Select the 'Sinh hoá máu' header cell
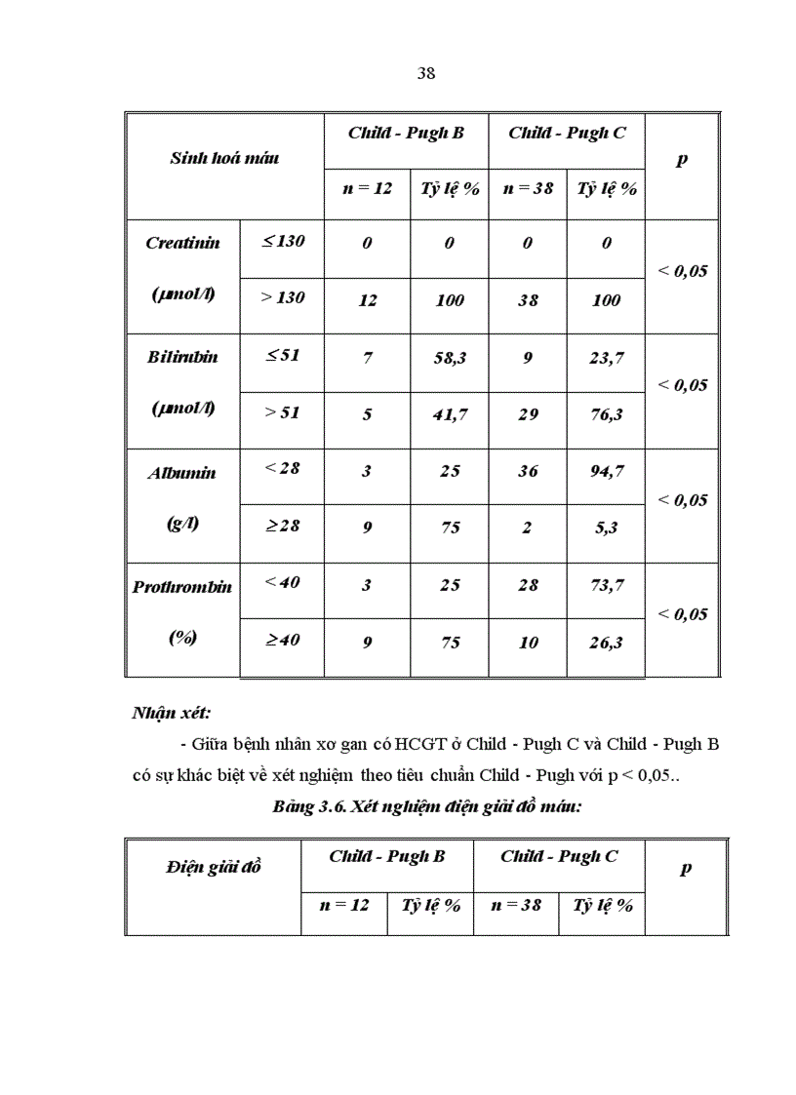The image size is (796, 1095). click(x=224, y=157)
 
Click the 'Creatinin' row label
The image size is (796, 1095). click(x=182, y=243)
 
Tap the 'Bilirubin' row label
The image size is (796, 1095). click(x=182, y=357)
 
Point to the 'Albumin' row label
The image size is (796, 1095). click(x=182, y=473)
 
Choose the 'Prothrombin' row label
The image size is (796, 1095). click(x=182, y=587)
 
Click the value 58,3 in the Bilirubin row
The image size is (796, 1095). click(x=450, y=358)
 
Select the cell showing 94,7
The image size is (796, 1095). click(x=606, y=472)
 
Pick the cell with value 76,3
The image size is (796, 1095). click(x=606, y=414)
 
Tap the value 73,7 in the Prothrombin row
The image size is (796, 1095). click(x=606, y=585)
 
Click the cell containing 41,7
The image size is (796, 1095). click(x=450, y=414)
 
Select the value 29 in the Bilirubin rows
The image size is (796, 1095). click(x=528, y=414)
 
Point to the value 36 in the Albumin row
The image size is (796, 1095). click(x=528, y=472)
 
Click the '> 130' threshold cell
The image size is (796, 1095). click(x=282, y=297)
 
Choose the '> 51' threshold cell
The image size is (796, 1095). click(x=282, y=412)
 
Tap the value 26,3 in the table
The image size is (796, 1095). click(x=606, y=643)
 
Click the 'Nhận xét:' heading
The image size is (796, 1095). click(x=172, y=713)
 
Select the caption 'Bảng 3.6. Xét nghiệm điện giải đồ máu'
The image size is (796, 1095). click(x=428, y=807)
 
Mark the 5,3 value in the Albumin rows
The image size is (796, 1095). click(x=606, y=528)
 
